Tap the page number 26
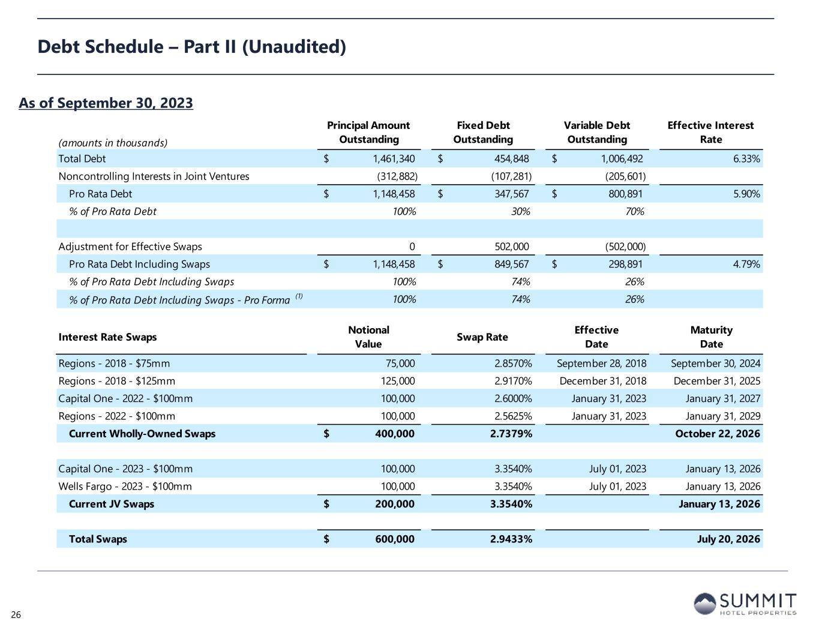coord(16,615)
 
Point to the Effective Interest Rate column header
coord(710,132)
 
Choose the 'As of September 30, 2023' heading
coord(106,103)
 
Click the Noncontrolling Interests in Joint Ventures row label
coord(154,176)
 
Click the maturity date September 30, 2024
coord(715,364)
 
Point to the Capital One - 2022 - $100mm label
coord(125,398)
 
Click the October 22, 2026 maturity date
coord(718,434)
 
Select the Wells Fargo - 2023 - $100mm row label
coord(125,487)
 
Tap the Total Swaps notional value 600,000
coord(394,539)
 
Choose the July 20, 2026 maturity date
coord(728,539)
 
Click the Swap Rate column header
coord(482,337)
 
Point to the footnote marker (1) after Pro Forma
coord(299,296)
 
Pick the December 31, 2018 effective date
coord(603,381)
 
